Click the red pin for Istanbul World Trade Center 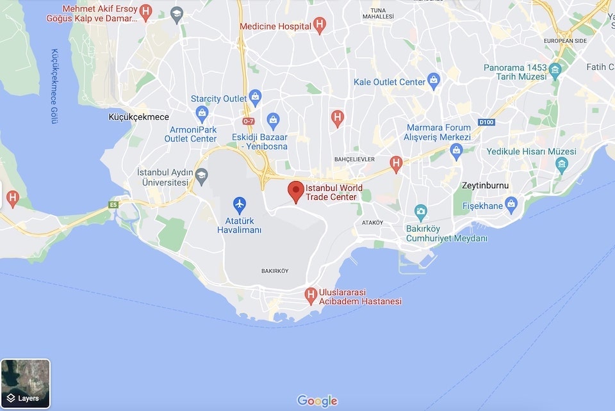point(295,191)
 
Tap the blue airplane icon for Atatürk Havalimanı point(240,205)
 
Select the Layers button point(25,384)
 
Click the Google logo point(317,401)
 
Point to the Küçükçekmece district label point(139,117)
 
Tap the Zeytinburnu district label point(485,186)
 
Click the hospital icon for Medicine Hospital point(320,26)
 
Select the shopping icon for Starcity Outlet point(256,98)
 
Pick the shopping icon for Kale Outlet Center point(434,81)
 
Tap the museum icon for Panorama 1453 point(555,68)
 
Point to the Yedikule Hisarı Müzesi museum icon point(562,165)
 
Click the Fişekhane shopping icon point(511,205)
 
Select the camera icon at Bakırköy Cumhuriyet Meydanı point(420,211)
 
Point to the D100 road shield point(487,122)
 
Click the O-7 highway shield point(249,121)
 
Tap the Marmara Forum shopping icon point(456,152)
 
